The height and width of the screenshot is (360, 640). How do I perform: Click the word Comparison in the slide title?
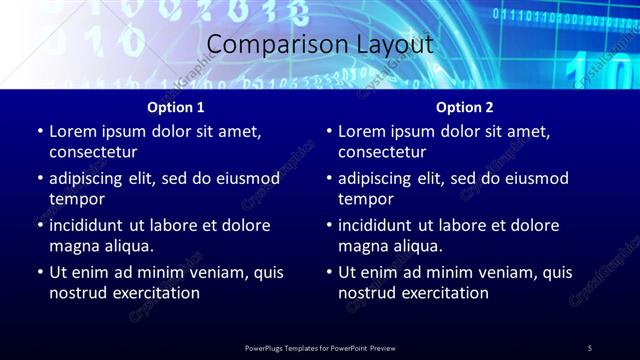pyautogui.click(x=268, y=45)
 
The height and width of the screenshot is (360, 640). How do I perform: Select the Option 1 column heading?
pyautogui.click(x=176, y=107)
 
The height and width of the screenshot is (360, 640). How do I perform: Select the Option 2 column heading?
pyautogui.click(x=464, y=107)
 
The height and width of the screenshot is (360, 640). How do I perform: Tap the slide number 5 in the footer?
pyautogui.click(x=590, y=347)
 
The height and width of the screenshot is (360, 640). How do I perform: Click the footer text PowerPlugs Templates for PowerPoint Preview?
pyautogui.click(x=320, y=347)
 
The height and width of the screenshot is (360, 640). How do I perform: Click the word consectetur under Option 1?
pyautogui.click(x=93, y=152)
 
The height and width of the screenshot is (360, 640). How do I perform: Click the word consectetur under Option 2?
pyautogui.click(x=382, y=152)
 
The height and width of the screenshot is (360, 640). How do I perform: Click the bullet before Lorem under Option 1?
pyautogui.click(x=39, y=132)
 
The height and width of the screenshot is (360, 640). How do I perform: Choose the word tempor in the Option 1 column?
pyautogui.click(x=75, y=199)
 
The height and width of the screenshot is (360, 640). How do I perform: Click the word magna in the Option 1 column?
pyautogui.click(x=72, y=246)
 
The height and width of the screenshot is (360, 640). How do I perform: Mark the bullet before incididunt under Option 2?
pyautogui.click(x=328, y=226)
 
